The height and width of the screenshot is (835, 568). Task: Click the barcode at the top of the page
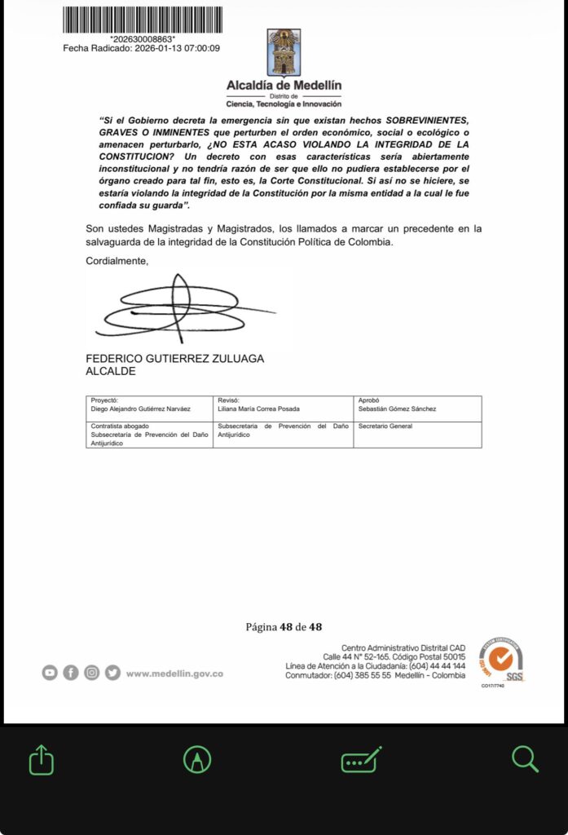pos(142,20)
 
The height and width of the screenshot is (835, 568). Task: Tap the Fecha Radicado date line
pos(142,48)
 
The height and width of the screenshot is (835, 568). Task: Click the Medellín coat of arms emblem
pos(284,52)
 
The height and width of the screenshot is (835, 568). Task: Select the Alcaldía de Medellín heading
pos(284,85)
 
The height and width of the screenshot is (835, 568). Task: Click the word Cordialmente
pos(117,261)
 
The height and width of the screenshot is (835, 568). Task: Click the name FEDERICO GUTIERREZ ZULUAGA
pos(174,359)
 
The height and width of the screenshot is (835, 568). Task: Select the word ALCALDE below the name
pos(111,371)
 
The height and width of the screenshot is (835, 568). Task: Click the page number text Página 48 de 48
pos(284,627)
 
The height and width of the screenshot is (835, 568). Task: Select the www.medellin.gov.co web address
pos(174,674)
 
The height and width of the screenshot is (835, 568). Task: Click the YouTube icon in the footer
pos(50,673)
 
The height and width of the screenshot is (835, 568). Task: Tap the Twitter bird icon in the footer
pos(112,673)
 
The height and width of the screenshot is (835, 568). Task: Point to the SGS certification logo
pos(501,659)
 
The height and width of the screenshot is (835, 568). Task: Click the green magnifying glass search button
pos(526,760)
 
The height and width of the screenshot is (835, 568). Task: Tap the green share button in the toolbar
pos(42,760)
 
